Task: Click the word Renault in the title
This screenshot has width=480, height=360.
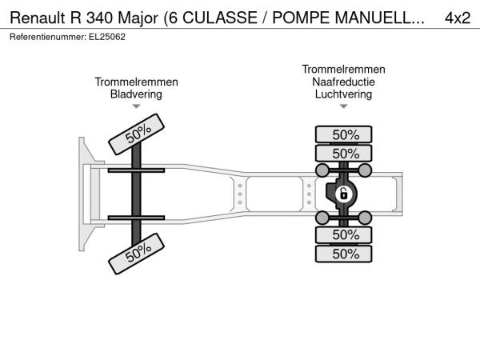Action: click(x=38, y=18)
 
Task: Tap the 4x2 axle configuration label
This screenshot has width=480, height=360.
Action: click(x=458, y=18)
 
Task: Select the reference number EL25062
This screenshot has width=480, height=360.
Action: click(x=107, y=37)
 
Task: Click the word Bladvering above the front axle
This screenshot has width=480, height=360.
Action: click(x=136, y=94)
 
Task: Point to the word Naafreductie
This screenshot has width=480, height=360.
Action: click(x=343, y=82)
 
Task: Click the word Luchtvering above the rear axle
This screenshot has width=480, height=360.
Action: click(x=343, y=94)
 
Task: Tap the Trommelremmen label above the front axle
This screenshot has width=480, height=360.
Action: click(x=136, y=82)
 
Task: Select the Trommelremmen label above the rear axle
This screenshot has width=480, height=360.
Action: click(x=343, y=69)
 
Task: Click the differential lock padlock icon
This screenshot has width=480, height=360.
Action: click(x=343, y=194)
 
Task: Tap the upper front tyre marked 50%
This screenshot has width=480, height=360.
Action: click(x=137, y=134)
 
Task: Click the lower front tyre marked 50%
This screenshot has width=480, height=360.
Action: click(x=137, y=254)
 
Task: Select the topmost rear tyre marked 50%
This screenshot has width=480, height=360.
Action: click(x=343, y=134)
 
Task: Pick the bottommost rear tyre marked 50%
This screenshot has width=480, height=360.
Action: click(x=343, y=254)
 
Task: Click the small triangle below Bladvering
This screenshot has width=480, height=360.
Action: click(x=136, y=106)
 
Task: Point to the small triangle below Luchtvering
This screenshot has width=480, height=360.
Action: click(x=343, y=106)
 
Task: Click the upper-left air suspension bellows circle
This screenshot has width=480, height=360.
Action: click(x=322, y=170)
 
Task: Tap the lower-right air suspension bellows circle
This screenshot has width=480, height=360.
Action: click(x=365, y=218)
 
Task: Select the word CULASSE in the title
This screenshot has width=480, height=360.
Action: click(x=220, y=18)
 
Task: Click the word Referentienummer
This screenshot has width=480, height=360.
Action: click(x=48, y=37)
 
